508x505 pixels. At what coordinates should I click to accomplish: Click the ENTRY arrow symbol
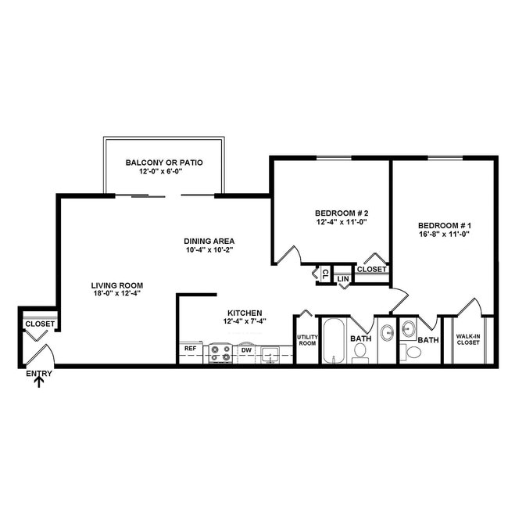point(39,383)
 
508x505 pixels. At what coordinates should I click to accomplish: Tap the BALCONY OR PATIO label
point(164,163)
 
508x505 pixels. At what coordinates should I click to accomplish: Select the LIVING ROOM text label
point(116,285)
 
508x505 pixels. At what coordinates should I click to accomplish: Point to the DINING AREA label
point(209,241)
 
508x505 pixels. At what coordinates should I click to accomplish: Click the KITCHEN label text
point(245,312)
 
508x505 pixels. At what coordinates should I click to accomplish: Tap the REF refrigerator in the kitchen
point(190,349)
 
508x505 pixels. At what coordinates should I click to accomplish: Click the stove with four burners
point(220,353)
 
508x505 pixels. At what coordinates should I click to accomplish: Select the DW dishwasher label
point(245,350)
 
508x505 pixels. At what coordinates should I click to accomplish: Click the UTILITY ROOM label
point(306,340)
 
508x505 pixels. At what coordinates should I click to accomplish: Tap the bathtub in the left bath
point(334,341)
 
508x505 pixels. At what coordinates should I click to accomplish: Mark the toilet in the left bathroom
point(361,353)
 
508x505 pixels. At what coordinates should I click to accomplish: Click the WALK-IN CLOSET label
point(467,339)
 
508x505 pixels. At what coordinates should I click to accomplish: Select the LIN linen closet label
point(342,278)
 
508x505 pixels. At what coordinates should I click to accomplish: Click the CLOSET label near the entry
point(39,324)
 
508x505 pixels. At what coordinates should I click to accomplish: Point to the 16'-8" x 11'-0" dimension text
point(445,234)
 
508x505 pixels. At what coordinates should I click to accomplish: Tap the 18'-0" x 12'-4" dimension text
point(116,295)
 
